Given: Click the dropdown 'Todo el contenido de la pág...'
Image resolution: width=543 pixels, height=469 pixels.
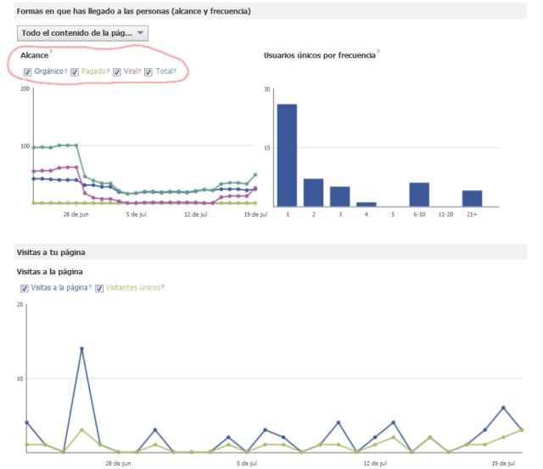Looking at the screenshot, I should click(82, 33).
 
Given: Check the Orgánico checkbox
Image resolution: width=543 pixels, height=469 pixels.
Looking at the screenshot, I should click(28, 72).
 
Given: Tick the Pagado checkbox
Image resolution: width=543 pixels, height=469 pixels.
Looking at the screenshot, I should click(75, 72).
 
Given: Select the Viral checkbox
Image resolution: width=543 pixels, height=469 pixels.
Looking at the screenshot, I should click(117, 72).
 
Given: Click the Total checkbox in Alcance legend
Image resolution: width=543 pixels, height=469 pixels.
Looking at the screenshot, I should click(148, 72).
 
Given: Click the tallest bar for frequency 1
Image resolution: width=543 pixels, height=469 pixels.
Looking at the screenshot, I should click(287, 155).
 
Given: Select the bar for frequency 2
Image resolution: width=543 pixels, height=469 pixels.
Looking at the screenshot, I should click(313, 192).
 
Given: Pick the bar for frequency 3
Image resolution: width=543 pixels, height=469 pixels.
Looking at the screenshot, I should click(339, 196).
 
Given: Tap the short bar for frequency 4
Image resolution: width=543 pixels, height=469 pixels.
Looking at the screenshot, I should click(367, 204).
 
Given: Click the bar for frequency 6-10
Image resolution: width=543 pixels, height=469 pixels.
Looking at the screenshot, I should click(419, 195).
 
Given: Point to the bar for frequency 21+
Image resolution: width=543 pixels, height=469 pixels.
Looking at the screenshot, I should click(472, 198).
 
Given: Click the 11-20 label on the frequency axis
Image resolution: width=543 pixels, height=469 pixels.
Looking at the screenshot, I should click(445, 215).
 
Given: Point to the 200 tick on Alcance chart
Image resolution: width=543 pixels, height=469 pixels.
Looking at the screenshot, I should click(25, 88).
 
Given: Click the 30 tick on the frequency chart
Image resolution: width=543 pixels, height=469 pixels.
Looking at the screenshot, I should click(266, 89).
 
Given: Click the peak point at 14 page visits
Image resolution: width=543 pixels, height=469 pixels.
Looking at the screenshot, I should click(81, 348).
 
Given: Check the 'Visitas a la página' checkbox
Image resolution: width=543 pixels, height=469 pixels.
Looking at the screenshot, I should click(26, 288).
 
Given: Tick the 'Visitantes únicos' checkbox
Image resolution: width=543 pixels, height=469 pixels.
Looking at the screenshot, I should click(99, 288).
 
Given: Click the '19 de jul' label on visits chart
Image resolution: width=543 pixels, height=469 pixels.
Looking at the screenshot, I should click(502, 464).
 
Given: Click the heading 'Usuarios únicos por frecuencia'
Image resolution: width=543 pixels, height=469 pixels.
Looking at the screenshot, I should click(319, 54).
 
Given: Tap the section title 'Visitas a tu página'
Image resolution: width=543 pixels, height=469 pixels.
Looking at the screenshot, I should click(51, 253).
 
